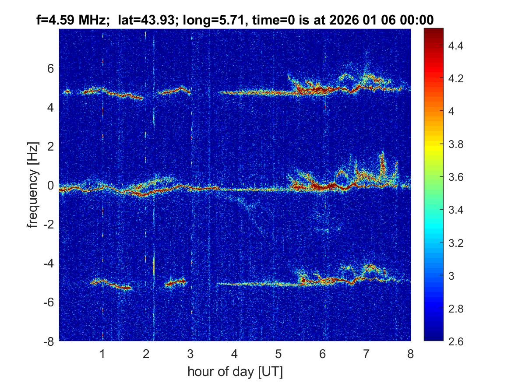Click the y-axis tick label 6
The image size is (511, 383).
(x=50, y=68)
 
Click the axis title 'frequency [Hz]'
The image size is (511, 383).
(x=33, y=184)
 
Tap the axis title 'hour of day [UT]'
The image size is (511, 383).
(x=235, y=372)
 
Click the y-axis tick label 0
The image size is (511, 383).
(x=50, y=186)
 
